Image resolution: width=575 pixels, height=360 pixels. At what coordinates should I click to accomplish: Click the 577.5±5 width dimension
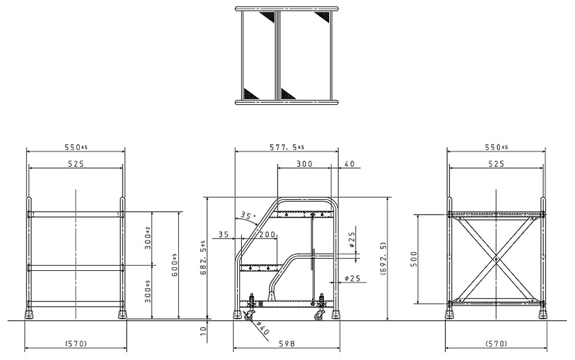coord(287,147)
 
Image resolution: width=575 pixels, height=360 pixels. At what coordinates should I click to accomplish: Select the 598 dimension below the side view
coord(287,344)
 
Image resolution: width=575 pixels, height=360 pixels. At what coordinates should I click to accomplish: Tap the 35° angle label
coord(248,216)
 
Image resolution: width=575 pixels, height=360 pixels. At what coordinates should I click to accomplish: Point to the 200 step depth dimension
coord(268,234)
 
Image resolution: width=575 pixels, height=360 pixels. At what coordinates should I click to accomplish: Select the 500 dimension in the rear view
coord(414,259)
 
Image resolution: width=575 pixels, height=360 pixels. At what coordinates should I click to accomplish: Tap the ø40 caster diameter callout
coord(263,328)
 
